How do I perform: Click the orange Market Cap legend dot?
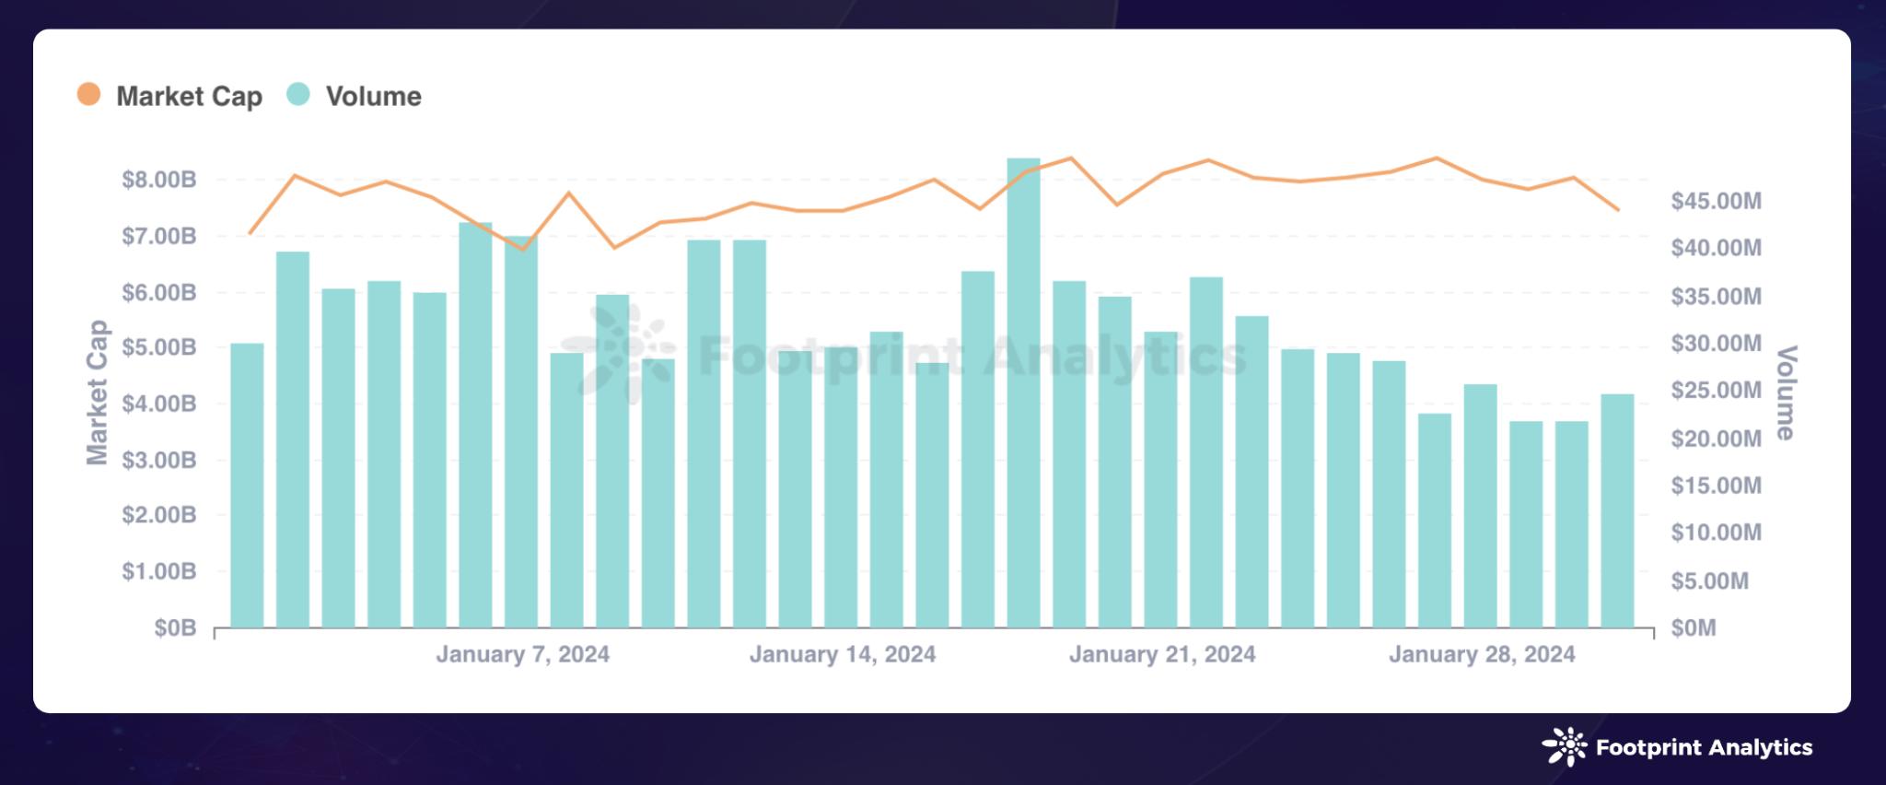pos(88,94)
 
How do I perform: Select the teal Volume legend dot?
pos(298,94)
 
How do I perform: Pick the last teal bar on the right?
pos(1617,510)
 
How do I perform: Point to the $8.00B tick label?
pos(159,180)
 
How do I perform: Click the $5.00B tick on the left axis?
pos(159,347)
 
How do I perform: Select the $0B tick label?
pos(175,628)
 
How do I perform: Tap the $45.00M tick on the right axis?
pos(1716,201)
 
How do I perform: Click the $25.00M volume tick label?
pos(1716,391)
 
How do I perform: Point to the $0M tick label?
pos(1694,628)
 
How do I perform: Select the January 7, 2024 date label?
pos(522,654)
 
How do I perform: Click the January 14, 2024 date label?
pos(842,654)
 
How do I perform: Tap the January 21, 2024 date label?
pos(1162,654)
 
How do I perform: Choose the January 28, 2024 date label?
pos(1482,654)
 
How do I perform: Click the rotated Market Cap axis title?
pos(98,392)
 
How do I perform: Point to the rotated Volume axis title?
pos(1786,392)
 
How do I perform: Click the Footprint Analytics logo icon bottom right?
pos(1564,747)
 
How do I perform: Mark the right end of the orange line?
pos(1618,210)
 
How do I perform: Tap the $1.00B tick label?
pos(159,571)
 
